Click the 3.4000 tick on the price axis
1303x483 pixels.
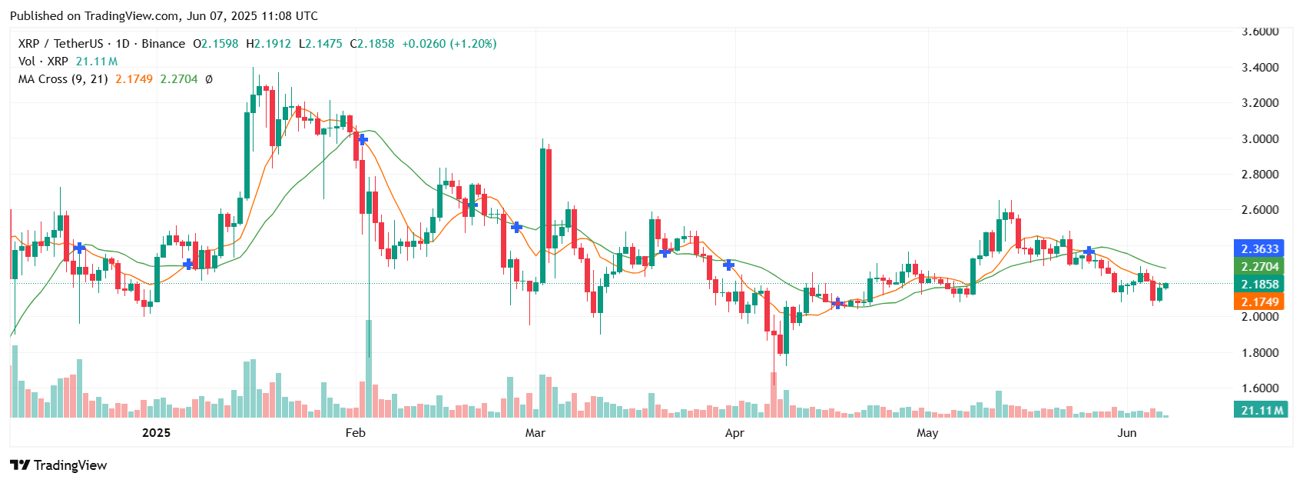pyautogui.click(x=1260, y=68)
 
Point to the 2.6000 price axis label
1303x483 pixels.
pyautogui.click(x=1260, y=210)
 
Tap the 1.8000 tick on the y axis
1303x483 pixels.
pyautogui.click(x=1260, y=353)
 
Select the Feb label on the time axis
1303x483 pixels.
pyautogui.click(x=355, y=433)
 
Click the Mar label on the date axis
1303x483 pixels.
pyautogui.click(x=535, y=433)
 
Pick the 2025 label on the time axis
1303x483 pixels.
pyautogui.click(x=156, y=433)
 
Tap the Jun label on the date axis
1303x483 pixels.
pyautogui.click(x=1126, y=433)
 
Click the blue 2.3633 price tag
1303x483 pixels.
pyautogui.click(x=1260, y=248)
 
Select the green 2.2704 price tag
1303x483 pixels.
pyautogui.click(x=1260, y=267)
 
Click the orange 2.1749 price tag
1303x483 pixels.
pyautogui.click(x=1260, y=302)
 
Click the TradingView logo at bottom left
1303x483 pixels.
pyautogui.click(x=58, y=465)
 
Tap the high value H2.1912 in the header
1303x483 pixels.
pyautogui.click(x=269, y=44)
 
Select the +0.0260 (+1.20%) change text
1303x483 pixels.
pyautogui.click(x=449, y=44)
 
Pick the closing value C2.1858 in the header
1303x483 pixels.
pyautogui.click(x=373, y=44)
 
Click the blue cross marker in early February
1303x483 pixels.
pyautogui.click(x=363, y=140)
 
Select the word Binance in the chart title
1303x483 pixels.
pyautogui.click(x=164, y=44)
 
